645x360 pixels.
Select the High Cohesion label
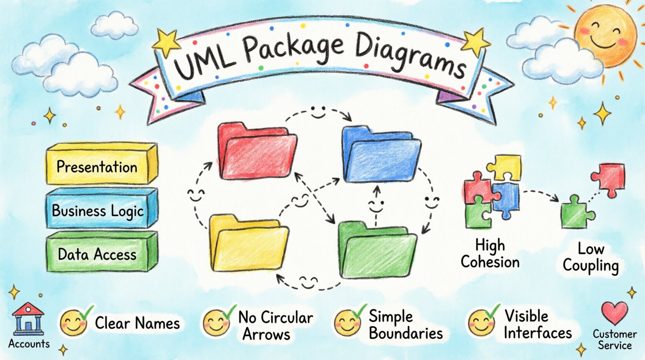pyautogui.click(x=490, y=254)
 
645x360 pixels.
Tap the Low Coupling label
pyautogui.click(x=591, y=258)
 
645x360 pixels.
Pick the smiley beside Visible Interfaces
pyautogui.click(x=481, y=323)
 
